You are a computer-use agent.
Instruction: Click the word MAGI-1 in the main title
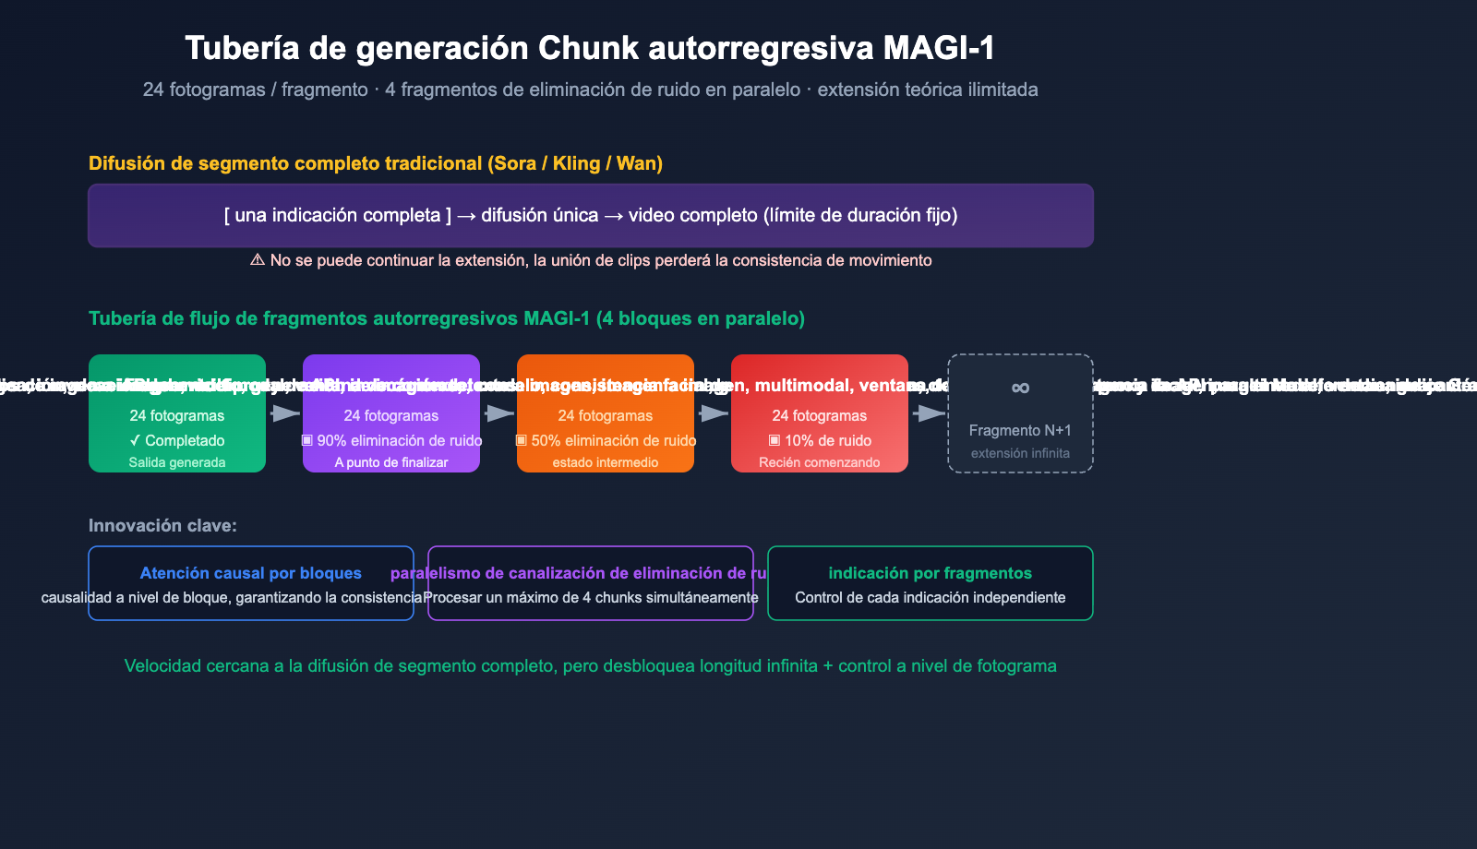coord(939,48)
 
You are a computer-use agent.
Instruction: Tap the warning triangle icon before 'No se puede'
coord(258,260)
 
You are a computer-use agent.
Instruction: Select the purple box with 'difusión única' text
coord(591,216)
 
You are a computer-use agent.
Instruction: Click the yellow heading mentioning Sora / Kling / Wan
coord(376,163)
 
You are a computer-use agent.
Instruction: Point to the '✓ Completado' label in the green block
coord(177,440)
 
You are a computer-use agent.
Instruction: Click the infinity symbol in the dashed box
coord(1020,388)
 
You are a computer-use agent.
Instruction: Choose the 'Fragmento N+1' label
coord(1020,430)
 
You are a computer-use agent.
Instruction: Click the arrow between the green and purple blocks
coord(284,413)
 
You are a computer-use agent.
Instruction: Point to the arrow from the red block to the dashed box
coord(928,413)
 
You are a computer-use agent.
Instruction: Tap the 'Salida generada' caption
coord(177,462)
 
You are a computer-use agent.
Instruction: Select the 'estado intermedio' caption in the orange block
coord(606,462)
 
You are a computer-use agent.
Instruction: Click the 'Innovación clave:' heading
coord(162,525)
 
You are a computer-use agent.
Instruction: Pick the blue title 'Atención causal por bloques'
coord(251,573)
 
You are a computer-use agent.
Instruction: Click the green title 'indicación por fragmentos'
coord(931,573)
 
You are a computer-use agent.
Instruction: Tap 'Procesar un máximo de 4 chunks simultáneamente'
coord(591,597)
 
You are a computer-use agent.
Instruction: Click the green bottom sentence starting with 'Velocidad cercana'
coord(591,665)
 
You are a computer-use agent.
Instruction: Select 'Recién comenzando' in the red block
coord(820,462)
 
